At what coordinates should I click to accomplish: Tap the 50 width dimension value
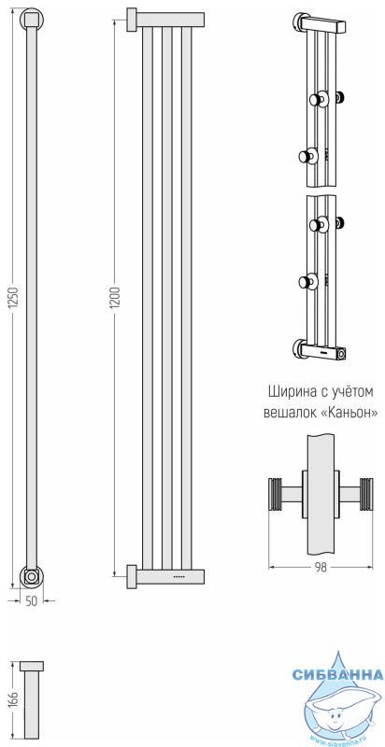point(31,600)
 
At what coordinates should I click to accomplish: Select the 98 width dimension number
point(323,567)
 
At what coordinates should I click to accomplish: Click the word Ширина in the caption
point(291,392)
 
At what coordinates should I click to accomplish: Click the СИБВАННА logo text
point(338,675)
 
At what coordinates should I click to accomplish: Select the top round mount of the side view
point(32,19)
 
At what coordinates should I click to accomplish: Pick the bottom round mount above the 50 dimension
point(32,576)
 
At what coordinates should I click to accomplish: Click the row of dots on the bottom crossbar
point(178,577)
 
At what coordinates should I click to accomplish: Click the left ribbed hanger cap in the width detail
point(275,494)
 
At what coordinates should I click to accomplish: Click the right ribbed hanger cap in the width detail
point(366,494)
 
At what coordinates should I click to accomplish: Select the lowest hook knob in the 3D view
point(307,282)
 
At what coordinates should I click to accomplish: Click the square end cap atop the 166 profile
point(32,666)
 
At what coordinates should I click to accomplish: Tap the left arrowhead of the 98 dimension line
point(272,567)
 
